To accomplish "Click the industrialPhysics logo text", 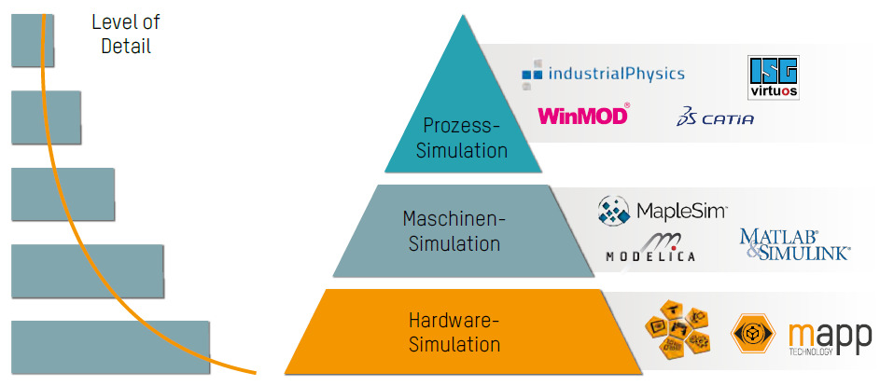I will click(x=616, y=74).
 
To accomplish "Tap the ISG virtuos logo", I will click(x=774, y=78).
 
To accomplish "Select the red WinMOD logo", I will click(x=583, y=117).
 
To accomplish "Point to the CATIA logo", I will click(x=716, y=118).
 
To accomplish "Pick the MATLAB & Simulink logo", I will click(x=794, y=244).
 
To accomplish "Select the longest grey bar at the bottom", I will click(x=109, y=348).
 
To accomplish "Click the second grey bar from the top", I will click(x=45, y=117).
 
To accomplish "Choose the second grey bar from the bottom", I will click(x=86, y=270).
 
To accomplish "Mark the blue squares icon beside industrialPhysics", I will click(x=531, y=73).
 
